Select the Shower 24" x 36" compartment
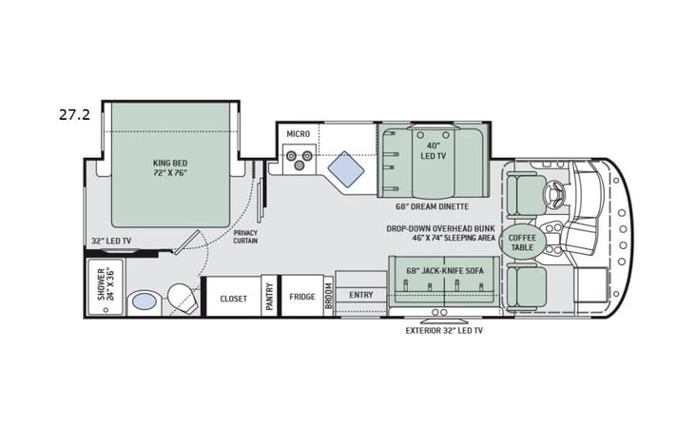pyautogui.click(x=105, y=285)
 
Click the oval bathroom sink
pyautogui.click(x=144, y=301)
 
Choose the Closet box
pyautogui.click(x=233, y=298)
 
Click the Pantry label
pyautogui.click(x=269, y=297)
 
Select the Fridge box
pyautogui.click(x=302, y=296)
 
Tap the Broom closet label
pyautogui.click(x=329, y=296)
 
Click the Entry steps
pyautogui.click(x=361, y=296)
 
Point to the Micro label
pyautogui.click(x=298, y=134)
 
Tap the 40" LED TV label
pyautogui.click(x=434, y=150)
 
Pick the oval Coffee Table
pyautogui.click(x=523, y=242)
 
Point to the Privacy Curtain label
pyautogui.click(x=245, y=236)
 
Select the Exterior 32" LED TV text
pyautogui.click(x=444, y=330)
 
